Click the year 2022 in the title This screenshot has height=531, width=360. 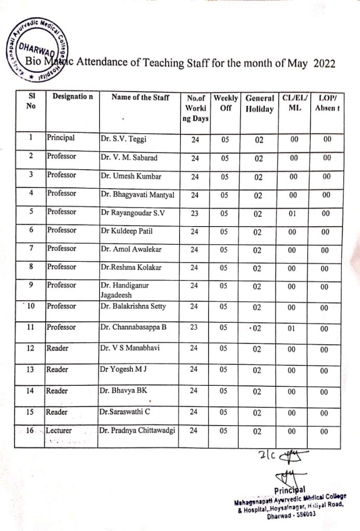(x=324, y=63)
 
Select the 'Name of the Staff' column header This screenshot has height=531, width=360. (x=140, y=97)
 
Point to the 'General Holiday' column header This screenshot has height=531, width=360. (x=259, y=103)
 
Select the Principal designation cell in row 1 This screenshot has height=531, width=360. (x=61, y=138)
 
